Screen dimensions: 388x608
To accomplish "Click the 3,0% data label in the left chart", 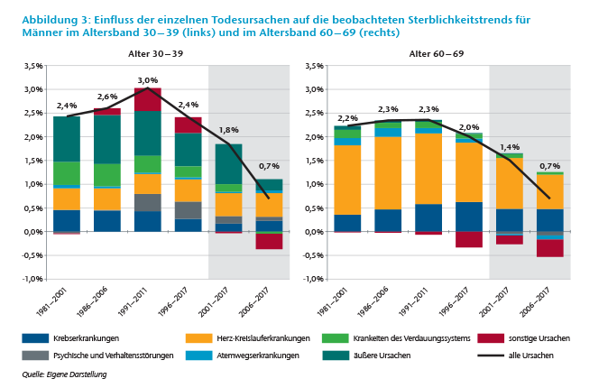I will [147, 81].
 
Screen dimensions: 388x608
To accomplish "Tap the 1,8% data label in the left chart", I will [228, 130].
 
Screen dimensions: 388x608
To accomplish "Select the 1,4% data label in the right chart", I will [510, 147].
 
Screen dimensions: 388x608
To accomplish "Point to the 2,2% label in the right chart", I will [347, 118].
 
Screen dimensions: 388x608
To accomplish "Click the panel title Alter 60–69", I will [437, 54].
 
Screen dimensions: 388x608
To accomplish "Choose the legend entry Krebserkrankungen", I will [86, 338].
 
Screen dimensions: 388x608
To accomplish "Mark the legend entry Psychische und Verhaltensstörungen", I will [113, 356].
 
